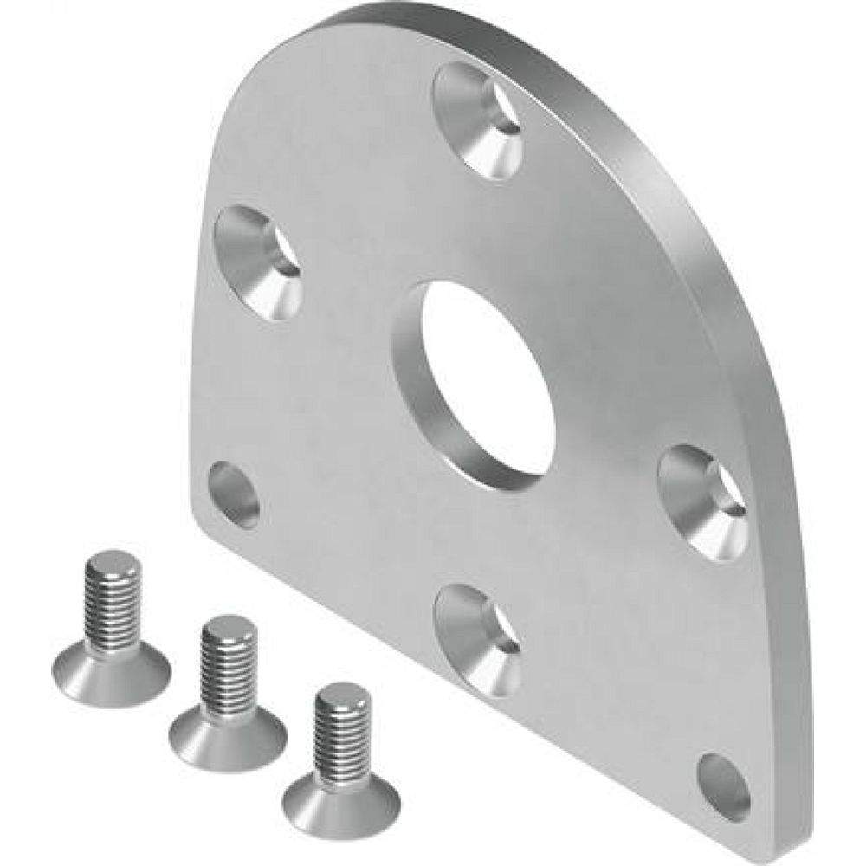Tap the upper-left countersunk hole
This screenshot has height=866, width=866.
tap(258, 262)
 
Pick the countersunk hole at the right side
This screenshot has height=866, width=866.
tap(703, 502)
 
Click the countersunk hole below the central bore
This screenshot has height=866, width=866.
tap(479, 639)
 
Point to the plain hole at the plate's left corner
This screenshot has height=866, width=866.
tap(234, 494)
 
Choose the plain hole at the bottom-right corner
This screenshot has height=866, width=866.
tap(723, 786)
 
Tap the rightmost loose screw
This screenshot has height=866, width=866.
tap(341, 762)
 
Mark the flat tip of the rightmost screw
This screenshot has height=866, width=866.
tap(342, 693)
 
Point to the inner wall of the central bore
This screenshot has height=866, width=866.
tap(433, 407)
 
